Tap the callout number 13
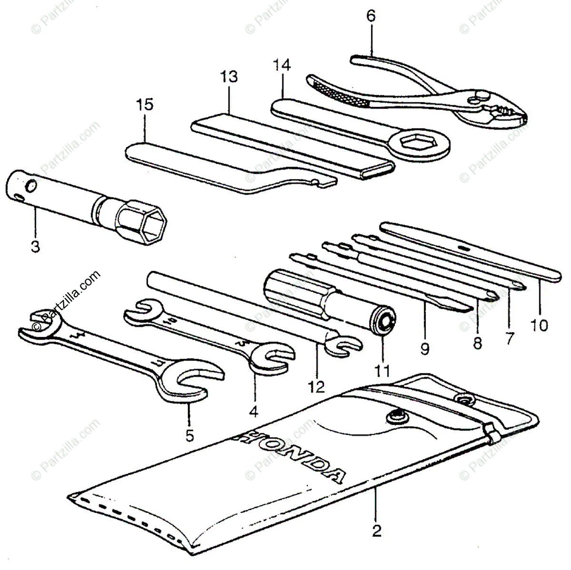pyautogui.click(x=229, y=76)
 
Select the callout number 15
pyautogui.click(x=145, y=104)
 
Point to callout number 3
pyautogui.click(x=36, y=247)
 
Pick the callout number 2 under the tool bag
pyautogui.click(x=376, y=531)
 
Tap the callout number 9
pyautogui.click(x=425, y=349)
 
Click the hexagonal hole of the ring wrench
pyautogui.click(x=413, y=142)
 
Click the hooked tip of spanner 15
pyautogui.click(x=324, y=181)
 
